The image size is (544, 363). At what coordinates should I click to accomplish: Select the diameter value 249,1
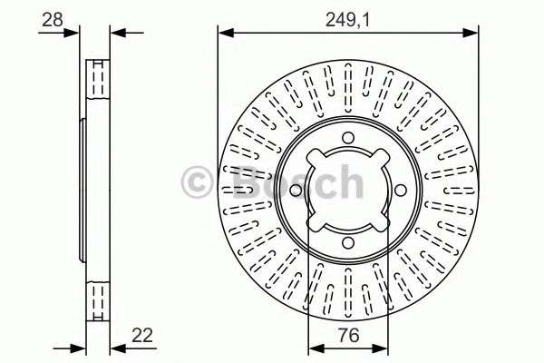(x=348, y=17)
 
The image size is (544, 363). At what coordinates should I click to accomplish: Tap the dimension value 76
(x=348, y=336)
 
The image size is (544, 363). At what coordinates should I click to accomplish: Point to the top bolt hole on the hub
(x=348, y=139)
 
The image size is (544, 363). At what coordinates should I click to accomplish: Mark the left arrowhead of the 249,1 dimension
(x=223, y=34)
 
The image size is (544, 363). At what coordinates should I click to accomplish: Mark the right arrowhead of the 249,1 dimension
(x=473, y=34)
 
